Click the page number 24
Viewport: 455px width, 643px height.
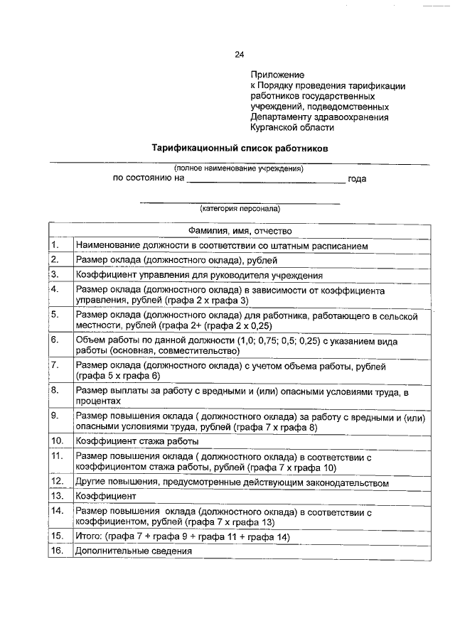239,55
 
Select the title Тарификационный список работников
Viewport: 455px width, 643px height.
240,148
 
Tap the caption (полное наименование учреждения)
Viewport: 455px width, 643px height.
239,168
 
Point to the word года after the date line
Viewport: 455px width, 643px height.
357,179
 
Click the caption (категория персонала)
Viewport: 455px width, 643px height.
240,209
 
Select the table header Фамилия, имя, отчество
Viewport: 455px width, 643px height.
240,231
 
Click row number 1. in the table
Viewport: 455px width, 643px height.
55,245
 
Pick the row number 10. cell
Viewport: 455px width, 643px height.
57,441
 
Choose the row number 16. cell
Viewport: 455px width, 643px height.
57,551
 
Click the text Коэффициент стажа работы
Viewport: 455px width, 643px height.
132,441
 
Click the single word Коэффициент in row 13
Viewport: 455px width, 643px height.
105,496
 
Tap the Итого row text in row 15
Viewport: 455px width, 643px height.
183,536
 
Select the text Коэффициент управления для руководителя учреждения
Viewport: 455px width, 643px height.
200,275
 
